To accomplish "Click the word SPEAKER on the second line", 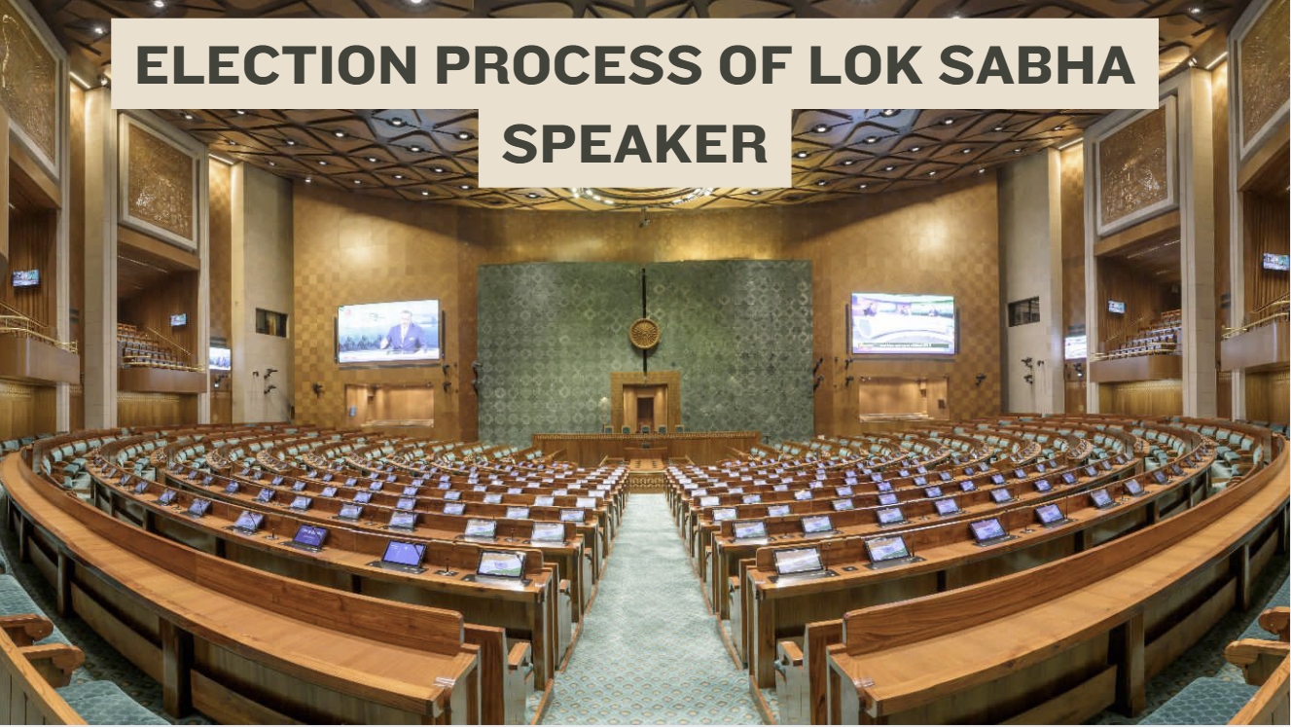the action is (x=634, y=144).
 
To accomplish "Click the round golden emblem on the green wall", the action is (x=644, y=333).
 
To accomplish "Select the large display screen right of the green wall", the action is (x=903, y=323).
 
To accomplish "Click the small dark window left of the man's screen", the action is (x=271, y=323).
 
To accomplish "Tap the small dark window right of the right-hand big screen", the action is (x=1023, y=311).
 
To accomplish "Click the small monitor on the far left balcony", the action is (x=26, y=278).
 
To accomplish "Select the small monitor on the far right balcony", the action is (x=1275, y=261).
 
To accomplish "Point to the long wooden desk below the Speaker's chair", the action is (x=646, y=447).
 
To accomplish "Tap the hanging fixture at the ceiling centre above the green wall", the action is (x=644, y=218).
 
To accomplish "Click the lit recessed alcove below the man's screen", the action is (x=389, y=406).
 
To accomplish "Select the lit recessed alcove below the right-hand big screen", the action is (x=903, y=398).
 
